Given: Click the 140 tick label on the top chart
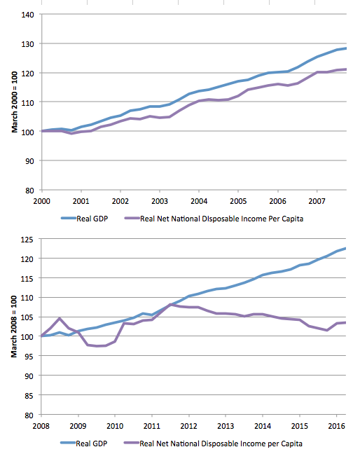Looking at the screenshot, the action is click(x=28, y=15).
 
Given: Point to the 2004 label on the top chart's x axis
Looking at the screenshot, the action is click(x=199, y=201).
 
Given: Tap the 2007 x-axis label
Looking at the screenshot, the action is click(x=317, y=201).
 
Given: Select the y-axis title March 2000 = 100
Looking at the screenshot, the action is click(x=15, y=102).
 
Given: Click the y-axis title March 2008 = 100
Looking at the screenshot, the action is click(x=14, y=326).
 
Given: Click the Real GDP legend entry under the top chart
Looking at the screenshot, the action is click(x=85, y=219).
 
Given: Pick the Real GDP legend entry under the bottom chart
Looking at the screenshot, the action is click(x=84, y=443).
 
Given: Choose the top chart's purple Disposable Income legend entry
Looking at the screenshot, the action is click(x=214, y=219).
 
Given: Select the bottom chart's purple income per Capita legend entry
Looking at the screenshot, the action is click(x=213, y=443).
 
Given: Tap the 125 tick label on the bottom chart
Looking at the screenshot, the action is click(x=27, y=240).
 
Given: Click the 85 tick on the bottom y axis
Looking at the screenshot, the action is click(x=29, y=396).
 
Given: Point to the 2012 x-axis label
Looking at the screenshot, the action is click(x=188, y=426).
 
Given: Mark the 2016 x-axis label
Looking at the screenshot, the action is click(x=336, y=426).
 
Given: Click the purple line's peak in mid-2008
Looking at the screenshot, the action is click(x=60, y=318).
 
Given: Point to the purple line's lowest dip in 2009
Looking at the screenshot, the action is click(x=97, y=346).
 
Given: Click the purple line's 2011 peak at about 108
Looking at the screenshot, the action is click(x=170, y=305).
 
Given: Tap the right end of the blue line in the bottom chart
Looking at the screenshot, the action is click(x=345, y=249).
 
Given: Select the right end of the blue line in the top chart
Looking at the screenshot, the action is click(x=346, y=48).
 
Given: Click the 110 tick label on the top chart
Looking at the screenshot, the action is click(x=28, y=102).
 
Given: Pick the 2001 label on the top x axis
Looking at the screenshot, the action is click(x=81, y=201).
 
